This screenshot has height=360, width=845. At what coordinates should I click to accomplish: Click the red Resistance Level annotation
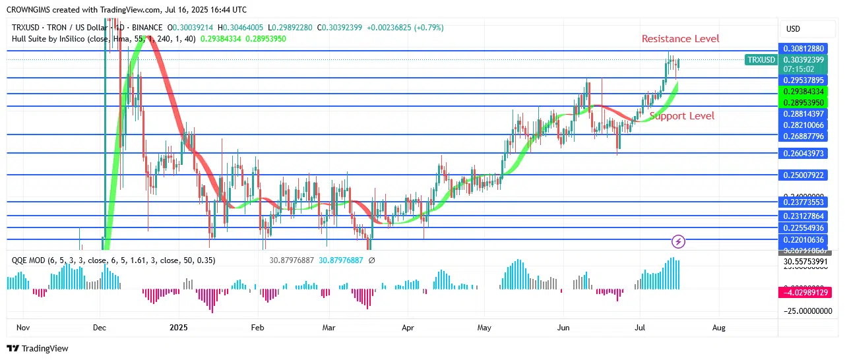680,39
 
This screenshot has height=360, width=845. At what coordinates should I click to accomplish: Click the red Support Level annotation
681,116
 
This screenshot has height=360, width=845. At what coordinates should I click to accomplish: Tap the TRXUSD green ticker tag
761,60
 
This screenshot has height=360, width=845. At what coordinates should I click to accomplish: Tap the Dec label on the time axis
100,327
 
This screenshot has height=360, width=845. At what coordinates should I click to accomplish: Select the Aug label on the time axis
719,327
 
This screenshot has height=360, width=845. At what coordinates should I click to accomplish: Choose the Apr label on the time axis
408,327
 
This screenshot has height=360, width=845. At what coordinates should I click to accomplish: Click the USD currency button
793,29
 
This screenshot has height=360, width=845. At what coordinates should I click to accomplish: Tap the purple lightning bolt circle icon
678,242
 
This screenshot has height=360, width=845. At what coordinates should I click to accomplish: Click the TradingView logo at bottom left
38,348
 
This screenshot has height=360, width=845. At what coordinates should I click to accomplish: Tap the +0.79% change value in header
432,28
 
